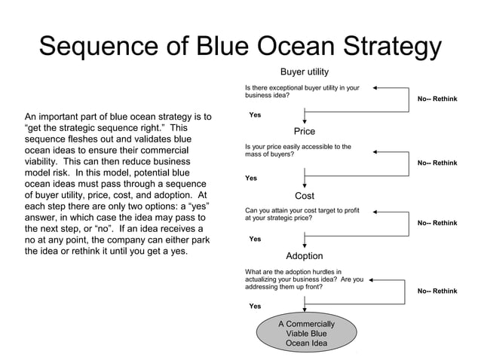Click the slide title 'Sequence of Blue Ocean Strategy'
pos(240,47)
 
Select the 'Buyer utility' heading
pos(304,72)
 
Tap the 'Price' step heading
pos(304,131)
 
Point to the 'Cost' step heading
pos(304,196)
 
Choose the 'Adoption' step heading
pos(304,255)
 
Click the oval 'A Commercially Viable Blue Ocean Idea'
pos(305,334)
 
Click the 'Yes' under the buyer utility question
pos(255,115)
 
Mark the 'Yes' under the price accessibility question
pos(251,178)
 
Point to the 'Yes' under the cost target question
pos(255,239)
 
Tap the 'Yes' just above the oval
pos(255,307)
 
